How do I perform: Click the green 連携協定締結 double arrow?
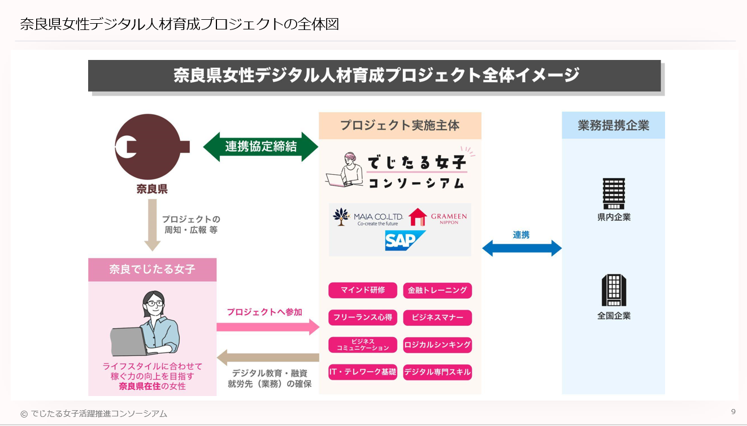[x=261, y=147]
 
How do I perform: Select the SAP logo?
[x=405, y=240]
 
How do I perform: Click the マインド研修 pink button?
[x=363, y=290]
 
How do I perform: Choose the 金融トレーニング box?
[x=437, y=290]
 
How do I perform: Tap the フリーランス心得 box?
[x=363, y=317]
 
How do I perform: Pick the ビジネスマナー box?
[x=437, y=317]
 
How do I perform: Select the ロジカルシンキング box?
[x=437, y=345]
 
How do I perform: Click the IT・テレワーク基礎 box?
[x=363, y=372]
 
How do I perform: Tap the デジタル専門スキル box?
[x=437, y=372]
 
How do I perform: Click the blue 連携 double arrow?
[x=522, y=248]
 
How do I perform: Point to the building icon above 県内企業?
[x=614, y=193]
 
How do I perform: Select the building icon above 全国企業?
[x=614, y=290]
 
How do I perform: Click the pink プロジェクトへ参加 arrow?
[x=267, y=326]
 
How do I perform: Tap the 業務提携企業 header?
[x=613, y=126]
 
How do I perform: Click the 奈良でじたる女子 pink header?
[x=152, y=269]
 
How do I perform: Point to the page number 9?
[x=733, y=411]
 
